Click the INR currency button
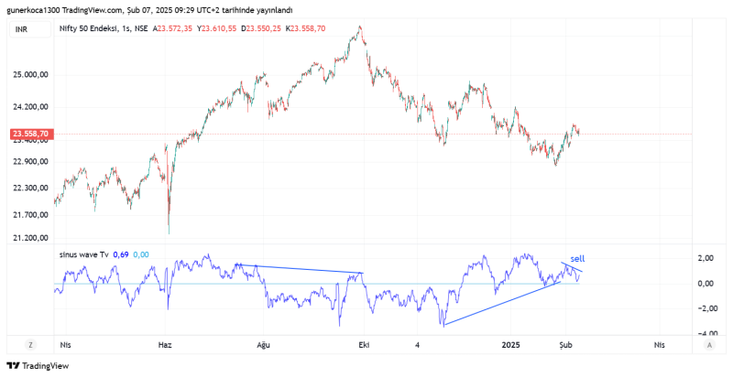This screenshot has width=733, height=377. point(21,29)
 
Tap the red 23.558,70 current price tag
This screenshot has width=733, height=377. point(31,134)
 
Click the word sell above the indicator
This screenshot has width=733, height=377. point(577,259)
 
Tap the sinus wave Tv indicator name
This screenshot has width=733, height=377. point(84,254)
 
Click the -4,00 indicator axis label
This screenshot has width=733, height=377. point(705,333)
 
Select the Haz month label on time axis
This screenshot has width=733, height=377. point(165,345)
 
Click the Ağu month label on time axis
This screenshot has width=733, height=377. point(264,345)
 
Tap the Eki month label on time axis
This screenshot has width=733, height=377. point(363,345)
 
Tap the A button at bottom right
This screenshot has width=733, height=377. point(709,345)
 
